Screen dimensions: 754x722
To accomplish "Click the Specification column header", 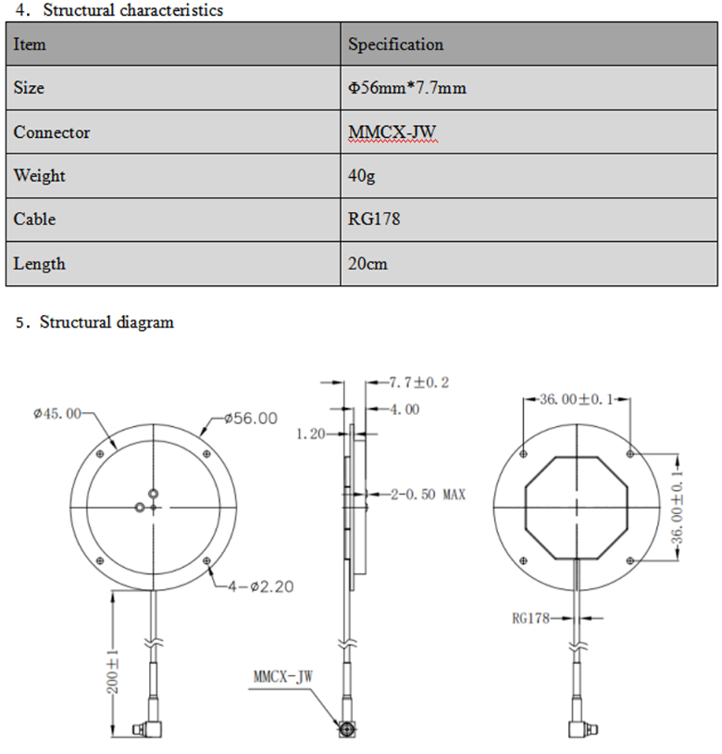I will tap(395, 44).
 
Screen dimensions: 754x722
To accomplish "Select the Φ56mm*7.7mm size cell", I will tap(406, 88).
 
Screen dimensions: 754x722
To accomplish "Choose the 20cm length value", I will tap(367, 264).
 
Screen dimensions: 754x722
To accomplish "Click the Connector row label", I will tap(52, 132).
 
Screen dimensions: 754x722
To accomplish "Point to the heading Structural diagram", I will tap(106, 322).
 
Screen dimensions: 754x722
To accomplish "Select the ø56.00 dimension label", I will tap(251, 418).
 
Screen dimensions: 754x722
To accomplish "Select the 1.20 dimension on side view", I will tap(312, 434).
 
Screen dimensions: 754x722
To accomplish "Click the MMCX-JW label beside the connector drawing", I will tap(282, 676).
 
